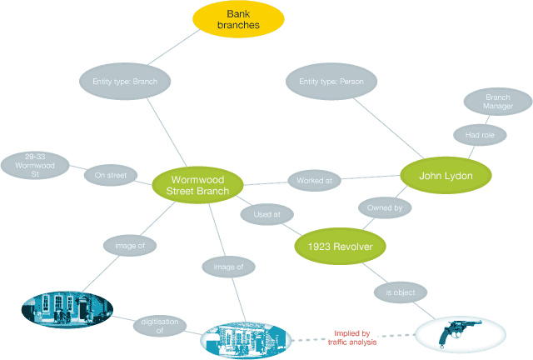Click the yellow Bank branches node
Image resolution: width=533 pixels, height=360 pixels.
tap(238, 19)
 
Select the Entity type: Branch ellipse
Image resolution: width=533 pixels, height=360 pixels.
tap(125, 82)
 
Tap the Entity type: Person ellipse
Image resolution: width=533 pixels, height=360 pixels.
tap(331, 82)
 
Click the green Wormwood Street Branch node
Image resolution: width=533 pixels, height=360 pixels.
tap(197, 185)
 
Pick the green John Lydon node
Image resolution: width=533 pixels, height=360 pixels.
tap(446, 176)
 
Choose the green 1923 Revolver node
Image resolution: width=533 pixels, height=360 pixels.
tap(340, 247)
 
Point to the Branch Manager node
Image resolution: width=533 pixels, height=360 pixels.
tap(498, 102)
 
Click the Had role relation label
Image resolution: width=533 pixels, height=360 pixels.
tap(480, 135)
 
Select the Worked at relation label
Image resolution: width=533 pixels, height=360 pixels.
tap(315, 181)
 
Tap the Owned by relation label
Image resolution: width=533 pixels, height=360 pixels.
tap(385, 207)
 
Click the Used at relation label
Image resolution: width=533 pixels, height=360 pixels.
tap(266, 214)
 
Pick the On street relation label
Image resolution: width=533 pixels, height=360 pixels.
tap(111, 175)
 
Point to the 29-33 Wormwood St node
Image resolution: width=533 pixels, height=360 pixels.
tap(35, 165)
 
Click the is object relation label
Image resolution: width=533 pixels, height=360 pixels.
tap(401, 292)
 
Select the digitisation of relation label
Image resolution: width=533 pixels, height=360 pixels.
tap(160, 326)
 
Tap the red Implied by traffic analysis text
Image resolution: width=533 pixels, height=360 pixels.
tap(352, 337)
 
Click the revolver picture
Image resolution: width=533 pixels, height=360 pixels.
tap(461, 334)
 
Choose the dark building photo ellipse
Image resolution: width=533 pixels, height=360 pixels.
tap(67, 309)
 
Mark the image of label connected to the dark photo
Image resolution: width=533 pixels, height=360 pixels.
tap(130, 246)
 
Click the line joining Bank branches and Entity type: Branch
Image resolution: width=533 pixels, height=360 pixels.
tap(174, 47)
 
